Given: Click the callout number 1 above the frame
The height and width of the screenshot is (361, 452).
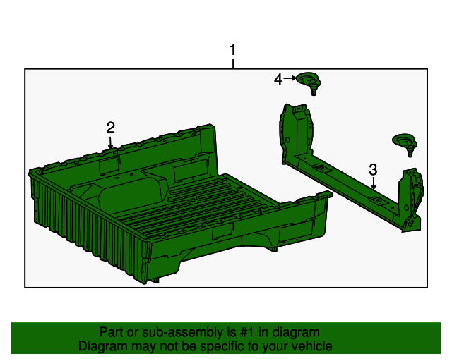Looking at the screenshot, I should (x=232, y=51).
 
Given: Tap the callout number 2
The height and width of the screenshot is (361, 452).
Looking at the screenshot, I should (x=111, y=128).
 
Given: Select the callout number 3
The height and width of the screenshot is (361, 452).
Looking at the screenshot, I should (x=373, y=169).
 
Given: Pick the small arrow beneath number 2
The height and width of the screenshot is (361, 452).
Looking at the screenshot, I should (x=111, y=142).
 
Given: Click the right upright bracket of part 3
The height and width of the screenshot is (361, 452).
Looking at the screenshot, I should (x=412, y=197).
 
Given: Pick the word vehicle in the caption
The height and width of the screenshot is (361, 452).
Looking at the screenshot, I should (x=310, y=346).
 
